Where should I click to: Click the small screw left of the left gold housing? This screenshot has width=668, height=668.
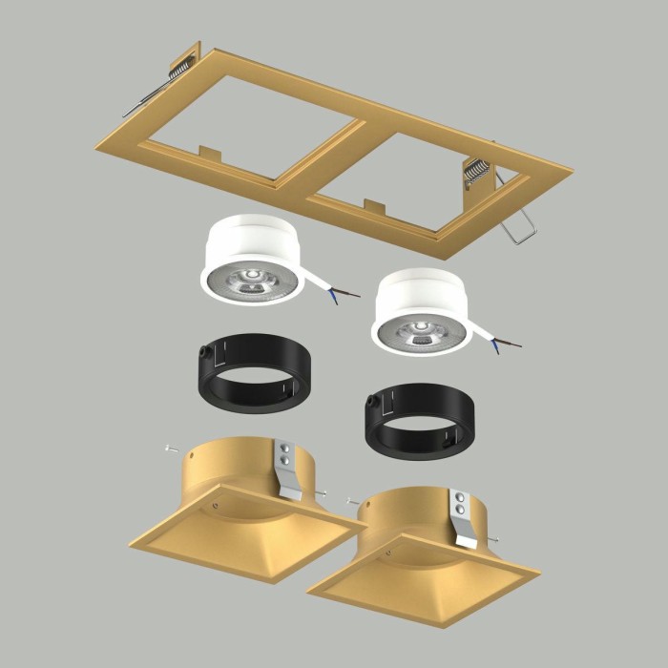tap(168, 447)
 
